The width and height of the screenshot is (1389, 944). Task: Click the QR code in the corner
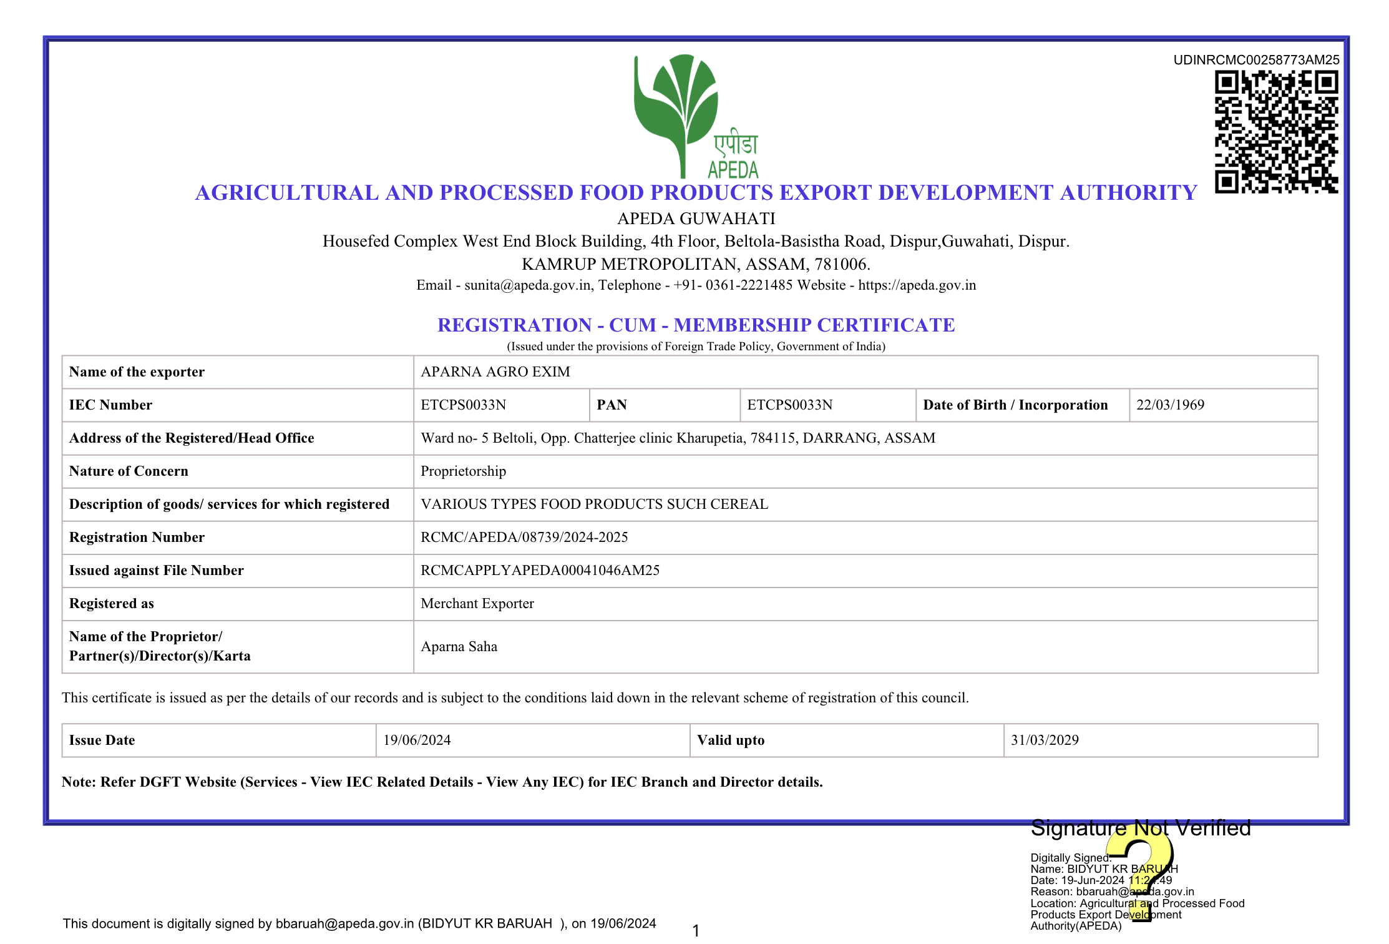tap(1276, 132)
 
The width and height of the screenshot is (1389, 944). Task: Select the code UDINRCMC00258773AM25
tap(1256, 60)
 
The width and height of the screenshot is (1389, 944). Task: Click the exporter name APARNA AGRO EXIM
tap(495, 372)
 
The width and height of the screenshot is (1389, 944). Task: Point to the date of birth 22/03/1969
tap(1170, 405)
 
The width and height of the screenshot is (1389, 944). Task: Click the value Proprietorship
tap(463, 471)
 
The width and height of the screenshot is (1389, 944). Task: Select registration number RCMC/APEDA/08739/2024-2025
tap(524, 538)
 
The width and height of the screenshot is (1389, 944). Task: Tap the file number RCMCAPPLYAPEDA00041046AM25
tap(540, 571)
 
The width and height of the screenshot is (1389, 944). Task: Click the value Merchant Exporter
tap(477, 604)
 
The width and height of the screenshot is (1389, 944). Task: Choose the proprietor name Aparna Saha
tap(459, 647)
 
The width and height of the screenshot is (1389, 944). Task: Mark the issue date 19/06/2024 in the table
tap(417, 740)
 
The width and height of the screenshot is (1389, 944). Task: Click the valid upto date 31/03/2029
tap(1045, 740)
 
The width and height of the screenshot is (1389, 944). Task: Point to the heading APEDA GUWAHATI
tap(696, 219)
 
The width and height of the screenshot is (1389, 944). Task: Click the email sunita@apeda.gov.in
tap(527, 285)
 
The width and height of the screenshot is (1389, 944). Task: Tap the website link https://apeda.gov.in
tap(917, 285)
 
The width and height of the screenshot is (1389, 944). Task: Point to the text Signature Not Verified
tap(1141, 828)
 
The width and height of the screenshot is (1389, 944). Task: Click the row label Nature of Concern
tap(129, 471)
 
